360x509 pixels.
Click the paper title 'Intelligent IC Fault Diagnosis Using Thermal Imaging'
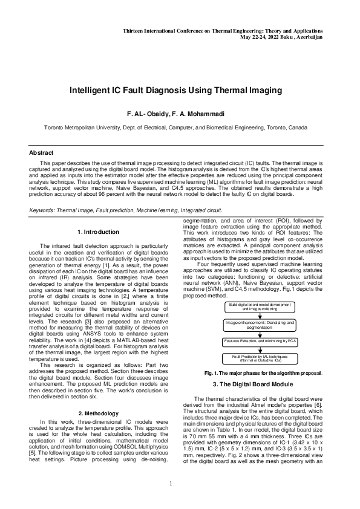[175, 91]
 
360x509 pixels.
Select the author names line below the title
[175, 114]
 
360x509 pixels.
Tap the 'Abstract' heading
[42, 153]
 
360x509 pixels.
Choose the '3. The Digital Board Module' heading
[261, 384]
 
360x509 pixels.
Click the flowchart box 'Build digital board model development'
[260, 306]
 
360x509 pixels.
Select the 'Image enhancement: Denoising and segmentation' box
[260, 325]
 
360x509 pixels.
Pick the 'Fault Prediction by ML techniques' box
[260, 359]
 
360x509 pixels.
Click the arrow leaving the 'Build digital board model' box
[260, 316]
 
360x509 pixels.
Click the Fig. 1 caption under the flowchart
[261, 373]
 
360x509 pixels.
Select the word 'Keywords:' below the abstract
[43, 210]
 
